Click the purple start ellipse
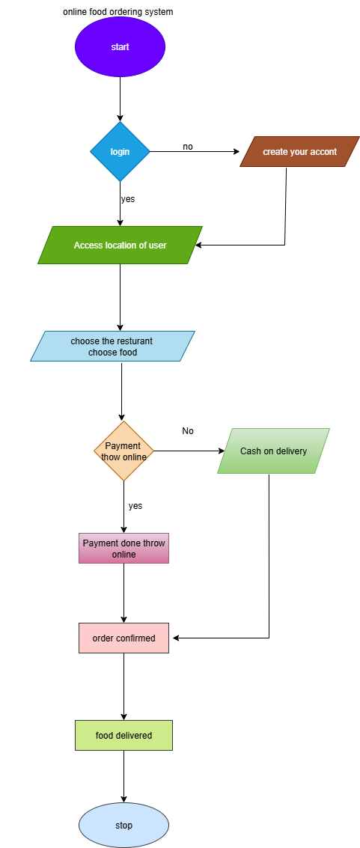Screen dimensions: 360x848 pos(120,47)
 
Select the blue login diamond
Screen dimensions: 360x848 pos(120,151)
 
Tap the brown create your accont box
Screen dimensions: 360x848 pos(299,151)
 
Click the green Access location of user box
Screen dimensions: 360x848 pos(120,245)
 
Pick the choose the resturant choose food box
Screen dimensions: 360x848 pos(112,346)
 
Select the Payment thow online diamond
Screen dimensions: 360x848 pos(123,451)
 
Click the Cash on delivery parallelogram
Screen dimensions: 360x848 pos(273,451)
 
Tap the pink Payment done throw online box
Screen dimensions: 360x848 pos(123,549)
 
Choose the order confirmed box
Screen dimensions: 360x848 pos(123,638)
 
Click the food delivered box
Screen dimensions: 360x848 pos(123,736)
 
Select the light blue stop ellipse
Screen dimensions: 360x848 pos(123,826)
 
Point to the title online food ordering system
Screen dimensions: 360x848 pos(118,11)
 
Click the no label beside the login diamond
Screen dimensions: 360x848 pos(188,147)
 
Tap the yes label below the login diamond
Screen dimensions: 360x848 pos(128,199)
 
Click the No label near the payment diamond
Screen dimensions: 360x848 pos(188,431)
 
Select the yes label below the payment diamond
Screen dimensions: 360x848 pos(135,506)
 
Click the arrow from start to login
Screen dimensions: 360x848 pos(120,100)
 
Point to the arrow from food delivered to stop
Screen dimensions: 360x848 pos(123,777)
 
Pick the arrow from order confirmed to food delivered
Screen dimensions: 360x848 pos(123,687)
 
